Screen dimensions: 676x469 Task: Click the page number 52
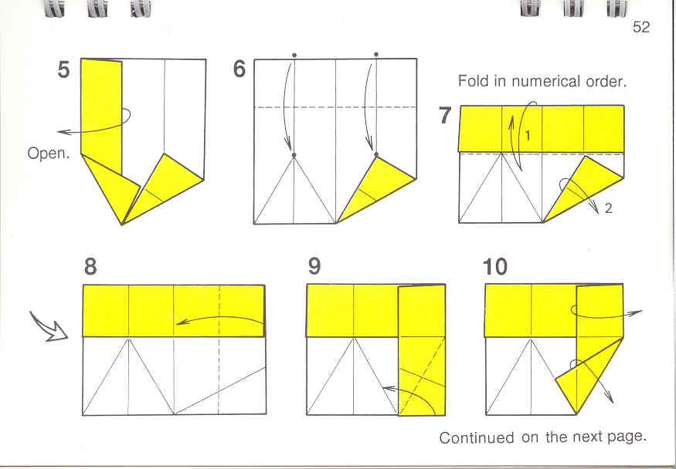[640, 27]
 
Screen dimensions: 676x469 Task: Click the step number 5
[63, 69]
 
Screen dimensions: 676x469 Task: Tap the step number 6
[239, 69]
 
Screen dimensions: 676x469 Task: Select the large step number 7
[445, 115]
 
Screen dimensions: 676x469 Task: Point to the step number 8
[90, 267]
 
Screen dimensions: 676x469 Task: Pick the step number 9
[314, 267]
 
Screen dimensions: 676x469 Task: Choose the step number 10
[495, 267]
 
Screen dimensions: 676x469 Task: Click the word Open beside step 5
[48, 154]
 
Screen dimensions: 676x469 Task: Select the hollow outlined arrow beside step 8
[48, 327]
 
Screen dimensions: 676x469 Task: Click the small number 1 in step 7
[528, 137]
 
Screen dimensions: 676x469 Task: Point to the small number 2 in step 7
[608, 209]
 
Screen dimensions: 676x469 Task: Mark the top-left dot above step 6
[294, 55]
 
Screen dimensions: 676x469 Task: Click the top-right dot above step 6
[376, 55]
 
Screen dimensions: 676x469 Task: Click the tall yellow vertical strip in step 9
[421, 350]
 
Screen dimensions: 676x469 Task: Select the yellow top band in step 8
[173, 311]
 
